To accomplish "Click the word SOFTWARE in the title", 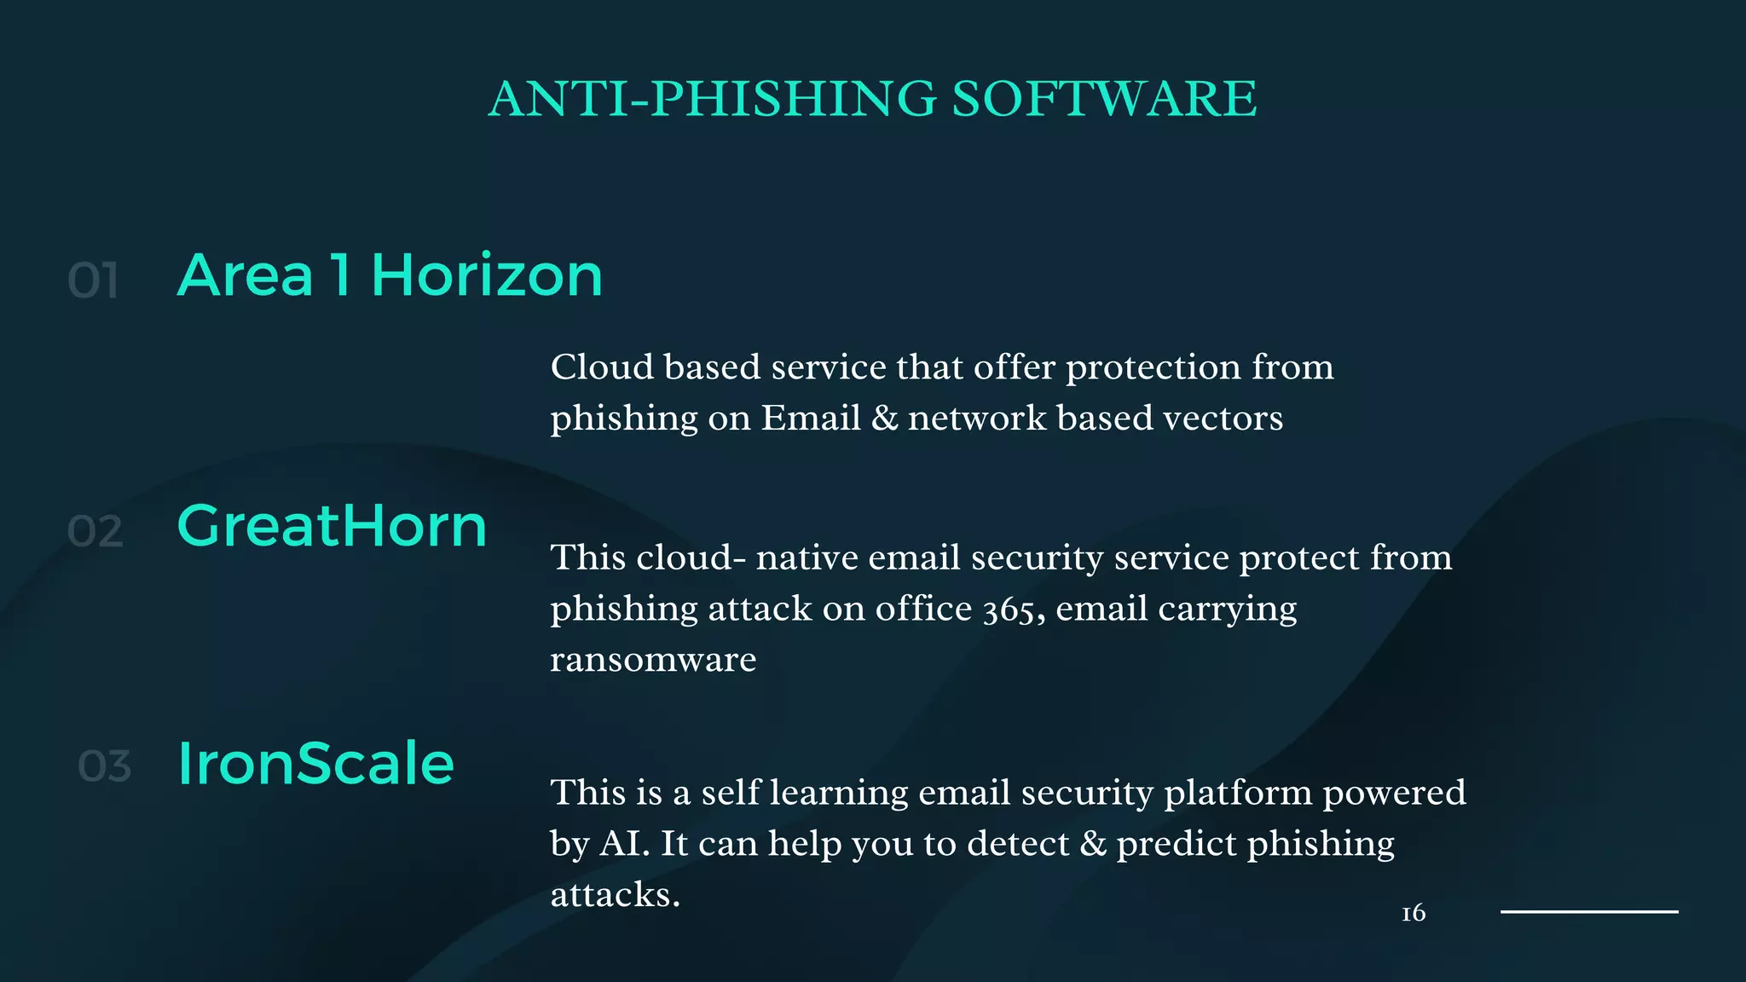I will [x=1103, y=99].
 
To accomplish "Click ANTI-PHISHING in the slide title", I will [x=713, y=99].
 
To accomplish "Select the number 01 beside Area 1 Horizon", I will [x=93, y=280].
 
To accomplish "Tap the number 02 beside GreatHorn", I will [x=95, y=531].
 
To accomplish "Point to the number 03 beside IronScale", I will [x=105, y=766].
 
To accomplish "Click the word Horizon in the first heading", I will [x=487, y=275].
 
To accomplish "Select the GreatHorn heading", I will [x=332, y=526].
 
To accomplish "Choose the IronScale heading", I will [x=315, y=763].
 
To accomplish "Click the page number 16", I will [x=1413, y=913].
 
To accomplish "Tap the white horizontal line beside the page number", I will [x=1589, y=911].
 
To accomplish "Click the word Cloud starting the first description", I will [x=602, y=367].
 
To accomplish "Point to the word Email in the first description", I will [x=811, y=419].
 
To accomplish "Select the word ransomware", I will [x=653, y=660].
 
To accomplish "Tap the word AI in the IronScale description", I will [x=624, y=844].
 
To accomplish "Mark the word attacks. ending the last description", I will [x=615, y=895].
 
